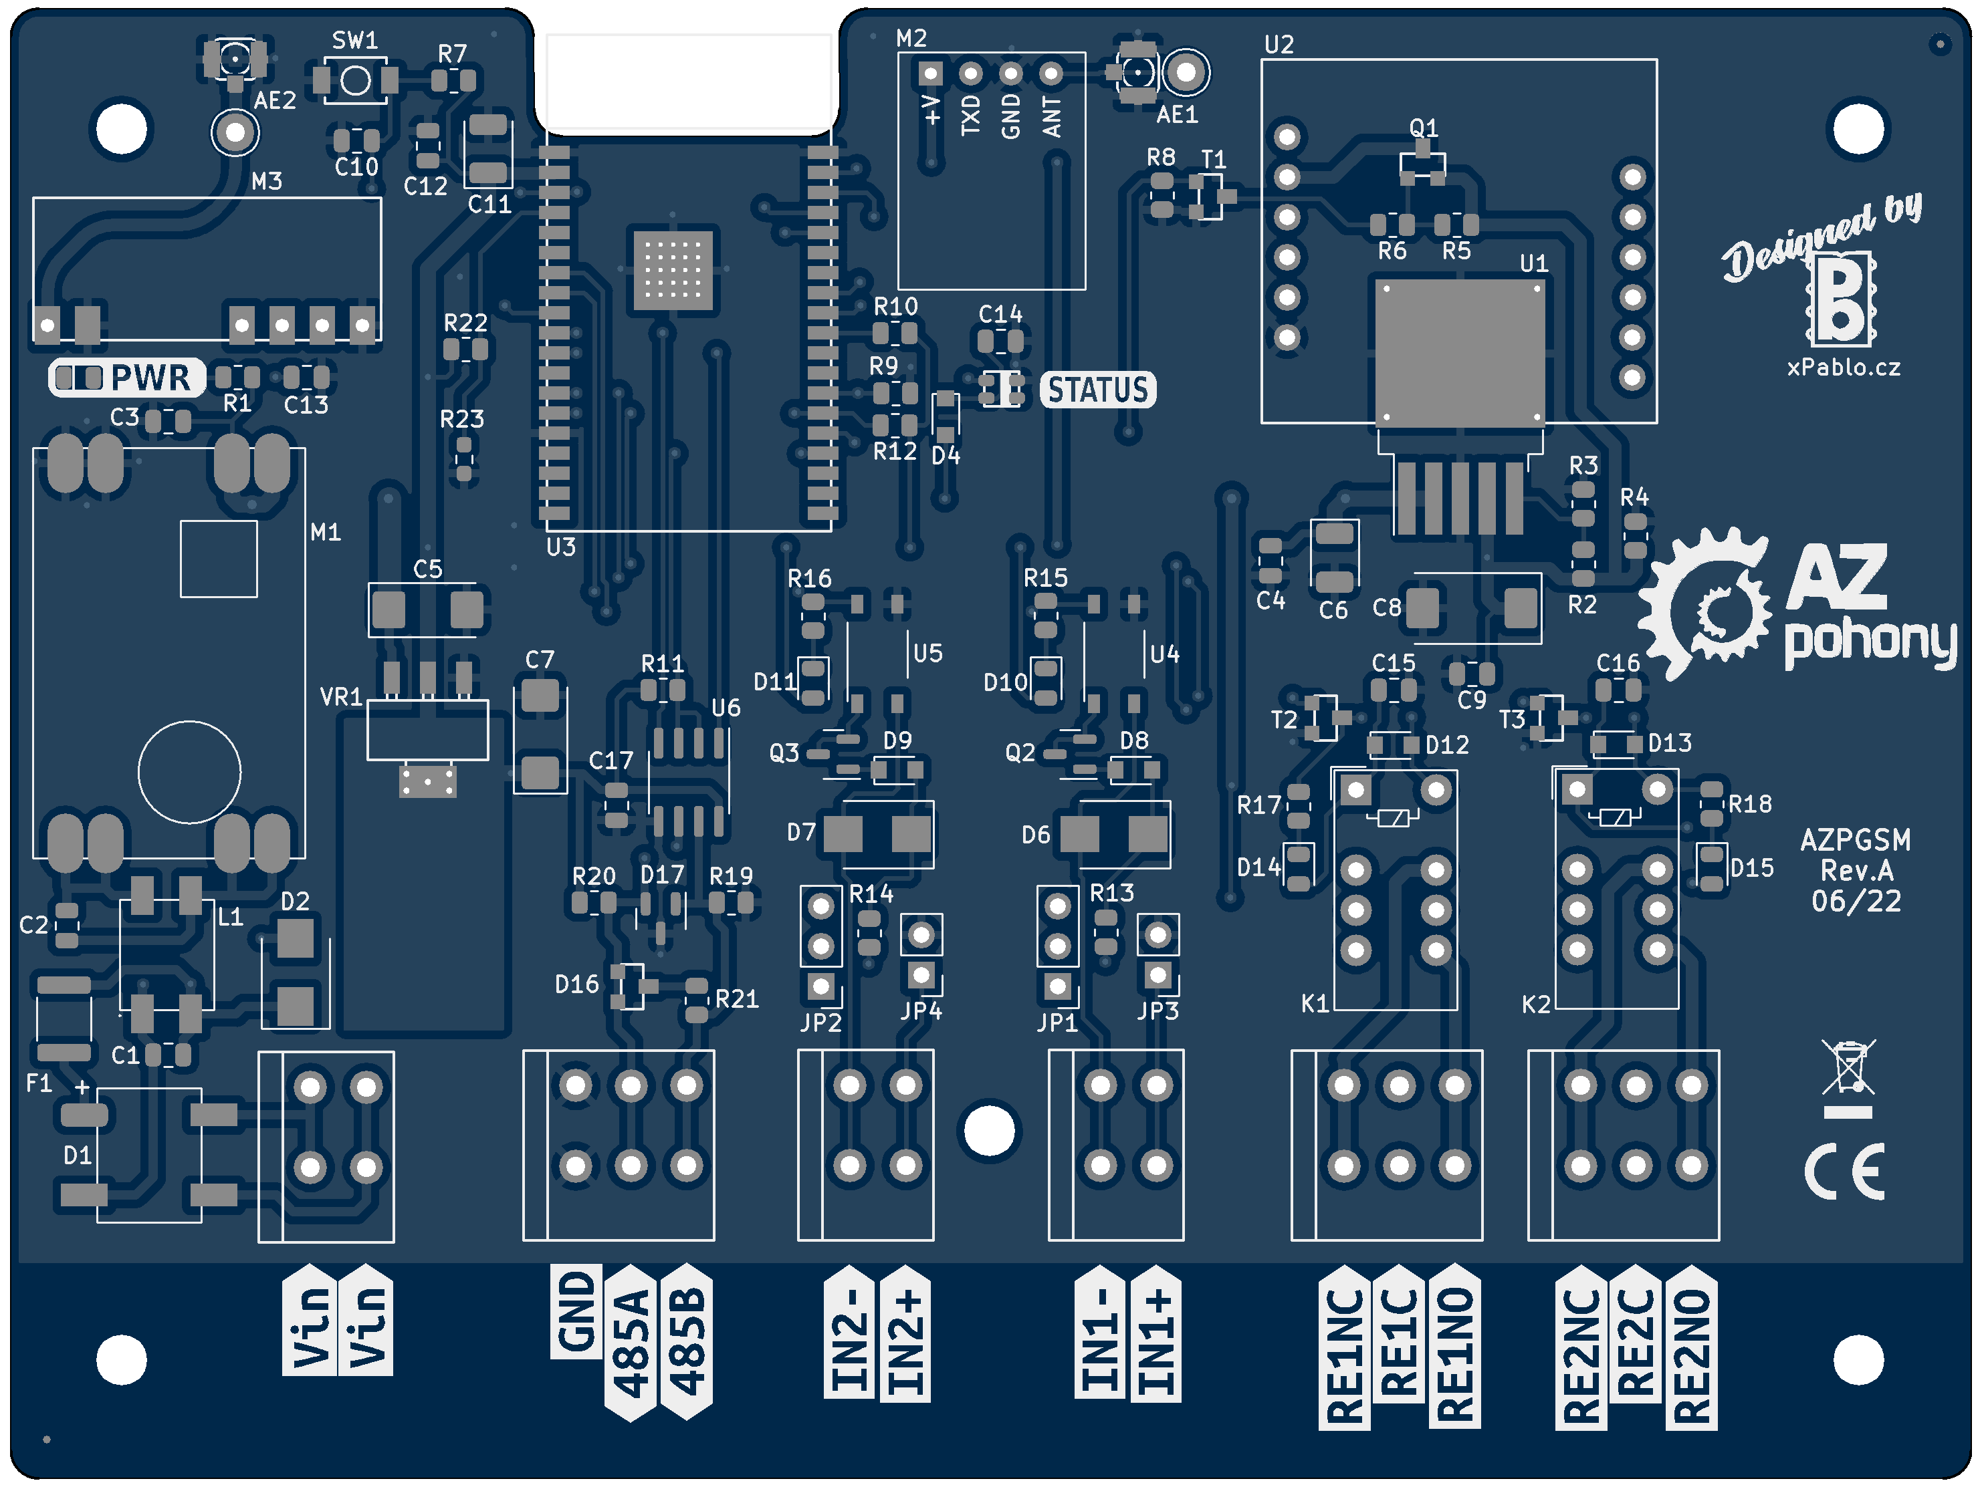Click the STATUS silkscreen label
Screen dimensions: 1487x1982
click(x=1097, y=390)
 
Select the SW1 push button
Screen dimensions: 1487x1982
click(x=356, y=81)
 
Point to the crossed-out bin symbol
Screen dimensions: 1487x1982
click(x=1848, y=1068)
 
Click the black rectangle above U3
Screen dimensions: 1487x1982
click(x=688, y=82)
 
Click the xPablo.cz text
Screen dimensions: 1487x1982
click(x=1843, y=368)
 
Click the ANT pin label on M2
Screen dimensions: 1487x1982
click(x=1051, y=118)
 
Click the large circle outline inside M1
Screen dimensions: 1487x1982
click(x=189, y=771)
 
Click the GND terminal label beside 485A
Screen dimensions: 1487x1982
click(x=576, y=1313)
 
